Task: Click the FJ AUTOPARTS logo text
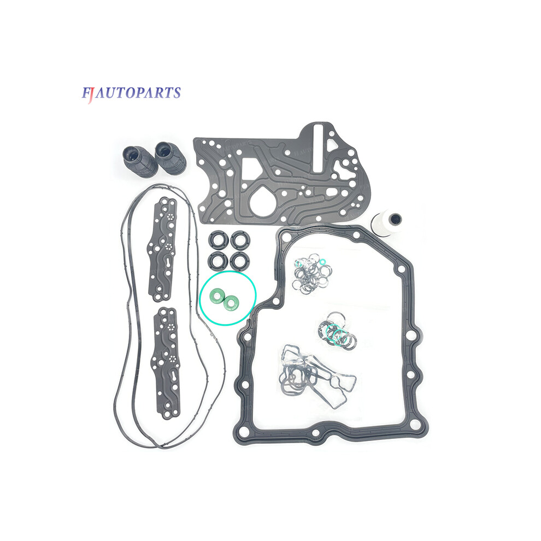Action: tap(131, 93)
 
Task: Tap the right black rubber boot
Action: tap(170, 157)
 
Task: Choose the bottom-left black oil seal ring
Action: tap(218, 261)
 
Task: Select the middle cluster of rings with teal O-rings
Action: tap(337, 330)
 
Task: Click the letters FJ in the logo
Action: tap(87, 94)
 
